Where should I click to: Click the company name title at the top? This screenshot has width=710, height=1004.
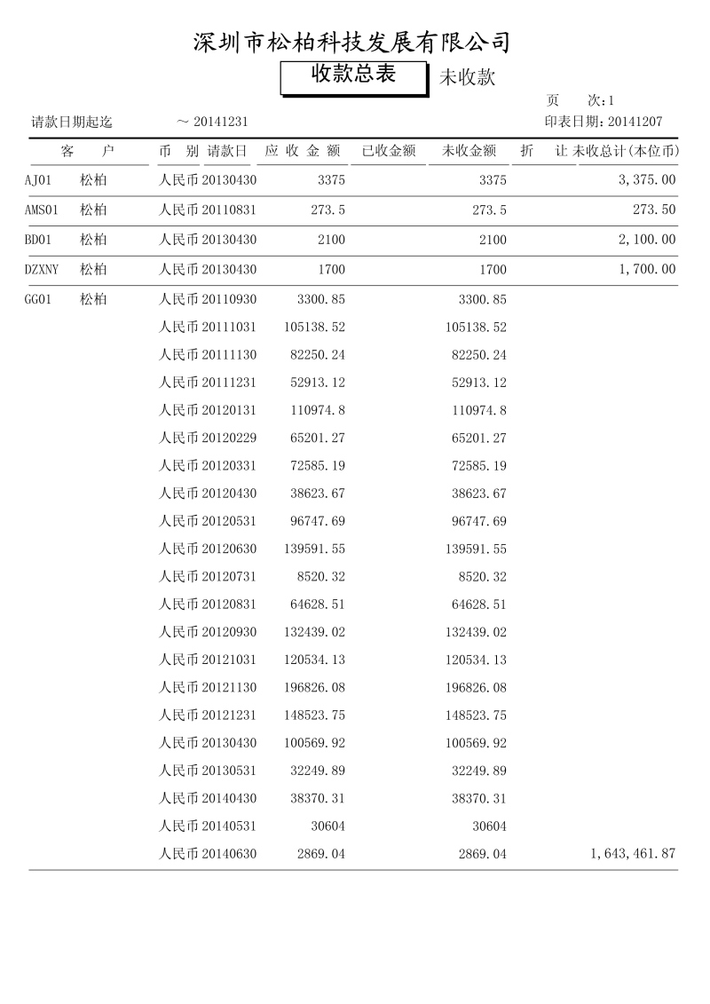352,42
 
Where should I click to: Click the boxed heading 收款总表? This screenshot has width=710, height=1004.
353,75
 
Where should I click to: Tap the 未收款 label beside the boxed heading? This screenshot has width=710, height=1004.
467,78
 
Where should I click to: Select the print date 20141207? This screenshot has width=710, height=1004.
635,123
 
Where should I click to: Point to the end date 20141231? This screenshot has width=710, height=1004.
220,123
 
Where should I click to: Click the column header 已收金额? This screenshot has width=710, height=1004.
389,151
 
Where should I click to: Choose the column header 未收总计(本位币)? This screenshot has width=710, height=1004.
626,151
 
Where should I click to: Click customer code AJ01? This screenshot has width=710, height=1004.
38,180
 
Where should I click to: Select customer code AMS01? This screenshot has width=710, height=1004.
41,210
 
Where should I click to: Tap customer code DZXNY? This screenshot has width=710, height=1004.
42,270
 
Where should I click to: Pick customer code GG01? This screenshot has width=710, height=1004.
38,300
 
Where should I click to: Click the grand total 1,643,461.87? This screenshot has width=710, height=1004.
633,854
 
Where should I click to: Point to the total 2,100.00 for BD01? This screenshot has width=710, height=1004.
647,240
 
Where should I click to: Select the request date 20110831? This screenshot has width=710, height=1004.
229,210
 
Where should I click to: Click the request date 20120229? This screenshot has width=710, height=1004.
229,438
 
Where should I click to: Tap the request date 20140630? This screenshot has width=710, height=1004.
229,854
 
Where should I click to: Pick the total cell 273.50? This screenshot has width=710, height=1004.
654,210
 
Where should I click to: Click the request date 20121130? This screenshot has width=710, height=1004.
229,688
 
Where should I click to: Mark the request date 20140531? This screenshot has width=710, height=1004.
229,826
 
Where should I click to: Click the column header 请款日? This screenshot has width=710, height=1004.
227,151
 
